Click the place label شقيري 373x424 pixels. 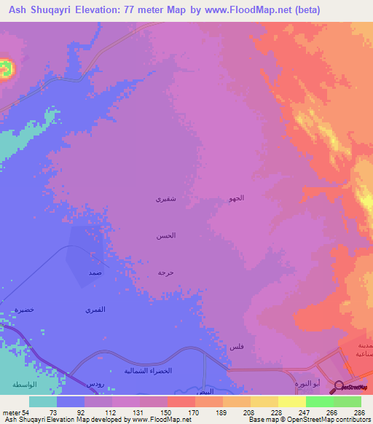pyautogui.click(x=165, y=198)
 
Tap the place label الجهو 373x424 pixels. pyautogui.click(x=236, y=198)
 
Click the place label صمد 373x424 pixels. pyautogui.click(x=95, y=271)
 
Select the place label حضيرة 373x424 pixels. pyautogui.click(x=25, y=310)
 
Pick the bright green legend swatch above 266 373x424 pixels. pyautogui.click(x=319, y=401)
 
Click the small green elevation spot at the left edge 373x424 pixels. pyautogui.click(x=6, y=69)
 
